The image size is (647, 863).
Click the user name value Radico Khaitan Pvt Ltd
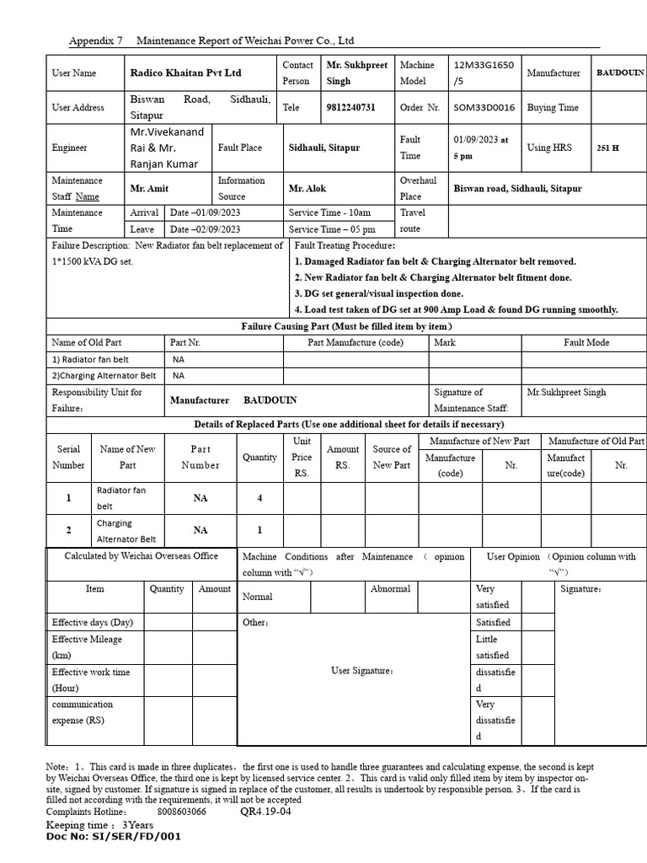pyautogui.click(x=184, y=73)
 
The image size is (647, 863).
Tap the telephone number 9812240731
pyautogui.click(x=350, y=108)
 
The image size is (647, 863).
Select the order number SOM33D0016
pyautogui.click(x=482, y=108)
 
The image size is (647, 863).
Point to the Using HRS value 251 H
pyautogui.click(x=607, y=147)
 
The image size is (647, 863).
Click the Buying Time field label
pyautogui.click(x=553, y=108)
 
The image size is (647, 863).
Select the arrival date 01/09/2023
pyautogui.click(x=206, y=213)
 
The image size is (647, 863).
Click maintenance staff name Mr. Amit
pyautogui.click(x=149, y=189)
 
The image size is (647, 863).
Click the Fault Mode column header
pyautogui.click(x=586, y=343)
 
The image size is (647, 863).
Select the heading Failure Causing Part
pyautogui.click(x=346, y=326)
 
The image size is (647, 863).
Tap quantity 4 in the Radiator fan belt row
pyautogui.click(x=259, y=498)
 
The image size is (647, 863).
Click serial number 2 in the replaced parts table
pyautogui.click(x=69, y=530)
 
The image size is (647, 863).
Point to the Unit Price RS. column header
pyautogui.click(x=302, y=458)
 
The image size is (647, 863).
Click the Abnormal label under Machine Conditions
pyautogui.click(x=391, y=589)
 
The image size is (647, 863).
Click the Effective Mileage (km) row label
pyautogui.click(x=87, y=646)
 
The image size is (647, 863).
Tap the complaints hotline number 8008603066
pyautogui.click(x=181, y=812)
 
